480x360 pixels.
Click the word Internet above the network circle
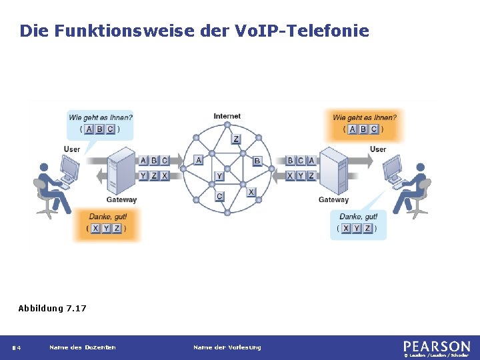pos(227,116)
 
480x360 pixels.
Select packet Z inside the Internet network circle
pos(236,139)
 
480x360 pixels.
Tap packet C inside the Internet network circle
pos(219,196)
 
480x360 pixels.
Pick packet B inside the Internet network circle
pos(257,161)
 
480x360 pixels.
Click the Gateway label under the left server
pos(121,199)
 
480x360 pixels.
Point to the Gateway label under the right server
pos(333,199)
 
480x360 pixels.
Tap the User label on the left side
pos(72,149)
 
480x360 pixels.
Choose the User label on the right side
pos(378,149)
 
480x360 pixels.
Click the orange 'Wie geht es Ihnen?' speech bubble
pos(364,124)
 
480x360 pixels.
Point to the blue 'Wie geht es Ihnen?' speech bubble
pos(100,124)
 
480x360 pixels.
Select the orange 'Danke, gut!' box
pos(108,223)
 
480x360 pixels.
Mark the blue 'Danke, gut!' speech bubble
pos(359,223)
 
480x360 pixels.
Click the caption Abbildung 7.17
pos(52,308)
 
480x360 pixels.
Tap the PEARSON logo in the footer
pos(437,347)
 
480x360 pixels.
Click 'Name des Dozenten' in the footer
pos(83,347)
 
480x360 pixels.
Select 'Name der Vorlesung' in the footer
pos(227,347)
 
